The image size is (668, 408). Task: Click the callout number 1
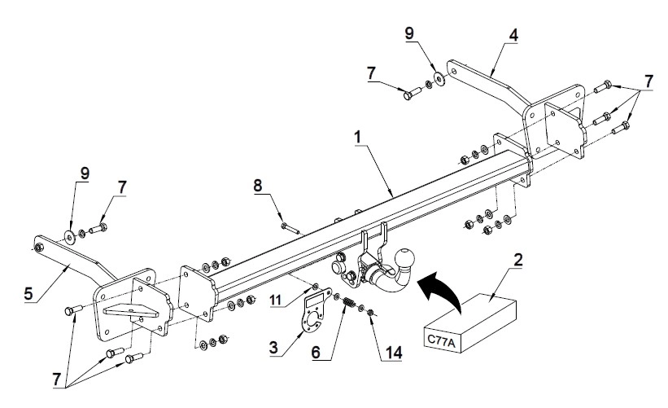357,138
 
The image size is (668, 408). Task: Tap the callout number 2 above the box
518,260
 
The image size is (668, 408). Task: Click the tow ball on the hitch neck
405,258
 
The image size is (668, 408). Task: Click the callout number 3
274,348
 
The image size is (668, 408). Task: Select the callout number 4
513,35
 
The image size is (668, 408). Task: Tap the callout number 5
28,294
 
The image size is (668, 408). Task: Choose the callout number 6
316,353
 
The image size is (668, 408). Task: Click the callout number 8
258,186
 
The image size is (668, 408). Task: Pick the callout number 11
276,300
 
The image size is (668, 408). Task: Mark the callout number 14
394,353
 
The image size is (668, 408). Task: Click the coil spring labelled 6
349,303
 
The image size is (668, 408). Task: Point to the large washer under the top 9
439,79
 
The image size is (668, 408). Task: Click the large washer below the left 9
70,236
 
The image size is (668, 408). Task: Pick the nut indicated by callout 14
371,313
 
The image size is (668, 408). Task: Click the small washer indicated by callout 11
316,285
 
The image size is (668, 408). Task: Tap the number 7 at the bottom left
58,379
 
